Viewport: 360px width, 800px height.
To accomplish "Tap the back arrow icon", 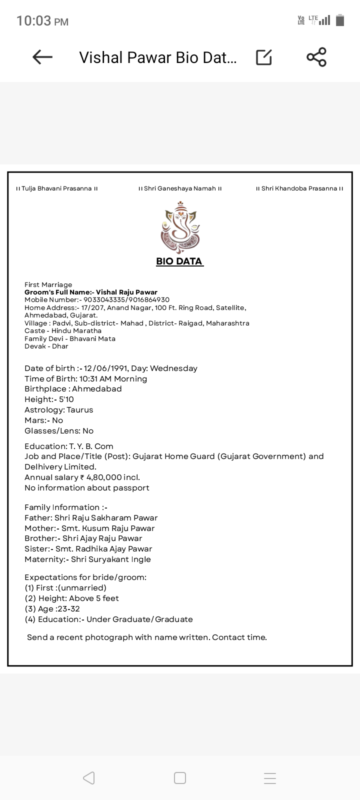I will pos(42,57).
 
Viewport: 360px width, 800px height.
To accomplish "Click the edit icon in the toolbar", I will pos(264,57).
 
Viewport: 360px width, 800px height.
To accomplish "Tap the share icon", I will pos(316,57).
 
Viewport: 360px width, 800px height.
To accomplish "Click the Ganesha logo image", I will pos(180,228).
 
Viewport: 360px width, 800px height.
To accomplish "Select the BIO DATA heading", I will pos(179,261).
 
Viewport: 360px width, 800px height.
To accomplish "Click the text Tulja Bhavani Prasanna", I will pos(57,188).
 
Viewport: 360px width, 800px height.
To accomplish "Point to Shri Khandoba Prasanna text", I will pos(299,188).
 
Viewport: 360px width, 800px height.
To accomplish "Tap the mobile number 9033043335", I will pos(105,300).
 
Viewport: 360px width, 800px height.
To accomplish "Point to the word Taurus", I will pos(80,410).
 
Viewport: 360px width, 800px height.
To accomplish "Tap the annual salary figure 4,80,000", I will pos(104,477).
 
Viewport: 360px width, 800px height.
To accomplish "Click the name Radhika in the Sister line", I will pos(94,549).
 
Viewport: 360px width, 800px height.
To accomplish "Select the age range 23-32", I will pos(68,609).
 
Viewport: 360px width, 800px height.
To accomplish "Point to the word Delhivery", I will pos(48,467).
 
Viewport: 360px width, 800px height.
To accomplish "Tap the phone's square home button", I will pos(180,778).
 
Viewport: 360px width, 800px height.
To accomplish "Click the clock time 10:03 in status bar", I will pos(34,21).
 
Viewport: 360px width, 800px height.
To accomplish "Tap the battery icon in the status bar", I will pos(340,20).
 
